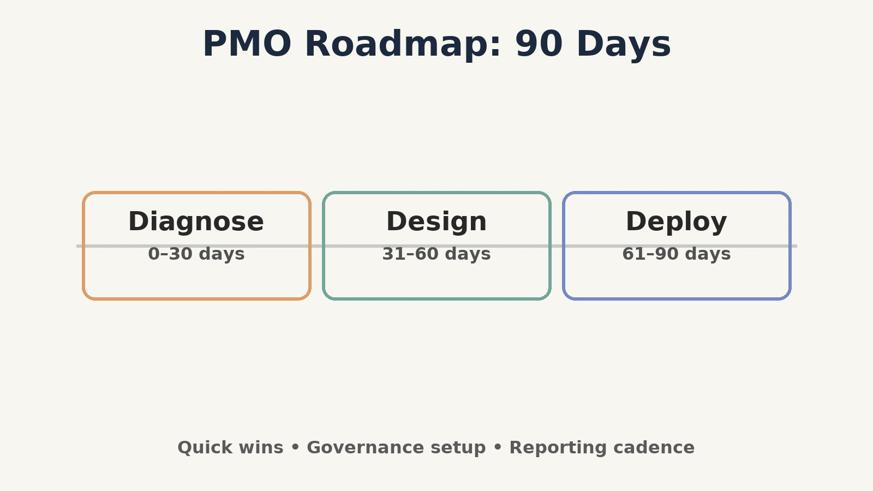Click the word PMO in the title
[247, 44]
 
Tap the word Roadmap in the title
[403, 44]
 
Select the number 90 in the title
[539, 44]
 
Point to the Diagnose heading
[196, 221]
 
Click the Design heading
[436, 221]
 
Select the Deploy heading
[676, 221]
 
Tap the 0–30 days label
[196, 254]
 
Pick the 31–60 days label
[436, 254]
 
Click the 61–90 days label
[676, 254]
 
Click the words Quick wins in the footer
[230, 447]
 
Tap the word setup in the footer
[458, 448]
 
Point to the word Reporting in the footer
[558, 448]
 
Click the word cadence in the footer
[654, 447]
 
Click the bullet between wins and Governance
[295, 447]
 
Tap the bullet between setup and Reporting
[498, 447]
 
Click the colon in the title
[496, 47]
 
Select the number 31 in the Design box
[394, 254]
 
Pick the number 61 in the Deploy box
[633, 254]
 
